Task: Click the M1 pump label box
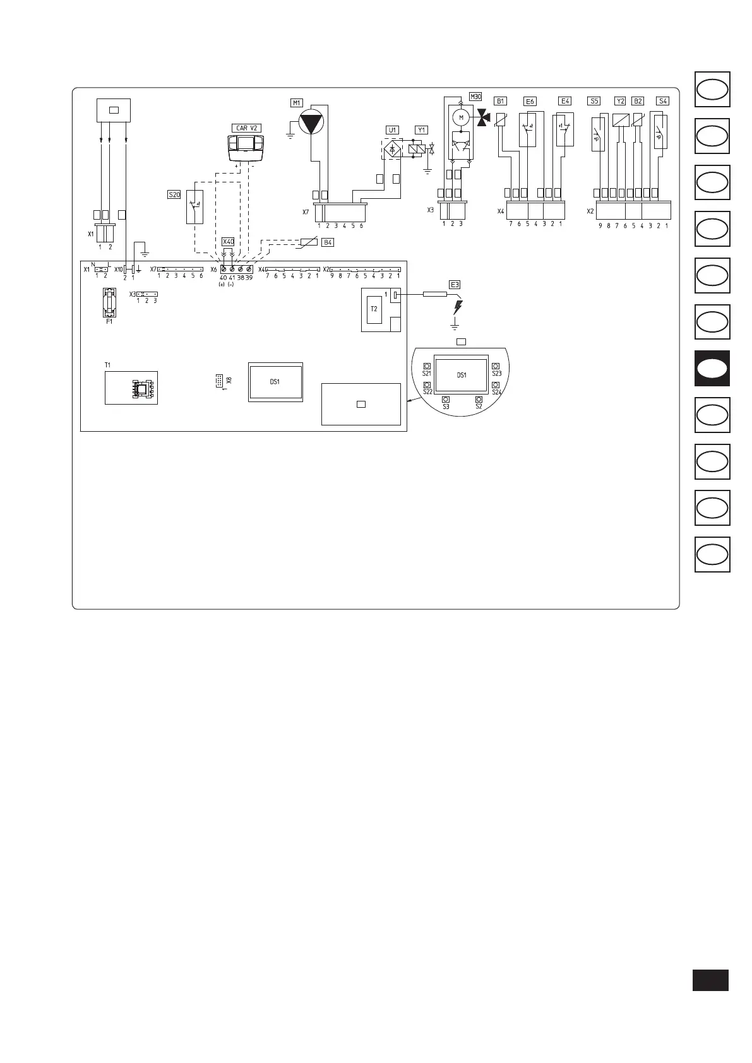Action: (296, 102)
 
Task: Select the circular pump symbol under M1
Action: (314, 121)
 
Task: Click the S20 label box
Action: (174, 195)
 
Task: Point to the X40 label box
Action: (228, 242)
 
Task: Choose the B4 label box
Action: (327, 242)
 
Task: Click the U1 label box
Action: (392, 130)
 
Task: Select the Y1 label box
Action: (421, 130)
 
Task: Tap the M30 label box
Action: (475, 97)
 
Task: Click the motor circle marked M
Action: (461, 117)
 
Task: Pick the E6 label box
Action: (530, 101)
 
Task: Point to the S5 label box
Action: (594, 100)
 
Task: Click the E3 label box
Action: (455, 284)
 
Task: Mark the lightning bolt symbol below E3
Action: (458, 307)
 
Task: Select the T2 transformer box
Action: (374, 309)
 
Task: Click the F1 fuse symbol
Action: (110, 303)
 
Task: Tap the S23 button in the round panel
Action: (496, 366)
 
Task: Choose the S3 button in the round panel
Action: (446, 400)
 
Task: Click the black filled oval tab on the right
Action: (712, 369)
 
